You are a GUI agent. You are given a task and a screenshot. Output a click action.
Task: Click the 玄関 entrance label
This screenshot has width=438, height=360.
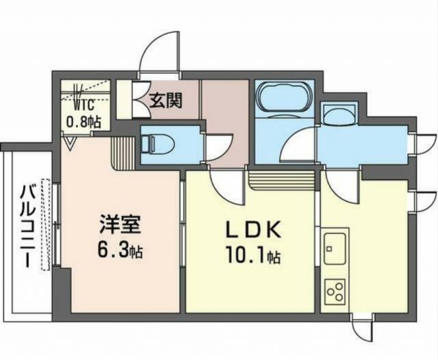(166, 101)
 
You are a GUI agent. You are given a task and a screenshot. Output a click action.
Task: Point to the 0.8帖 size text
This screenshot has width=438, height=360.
(83, 122)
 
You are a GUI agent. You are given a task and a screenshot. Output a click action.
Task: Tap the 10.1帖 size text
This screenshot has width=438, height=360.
(252, 257)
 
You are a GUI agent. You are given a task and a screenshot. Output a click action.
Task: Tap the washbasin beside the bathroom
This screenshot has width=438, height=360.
(338, 114)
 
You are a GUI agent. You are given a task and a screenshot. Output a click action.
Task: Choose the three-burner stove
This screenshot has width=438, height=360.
(335, 291)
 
